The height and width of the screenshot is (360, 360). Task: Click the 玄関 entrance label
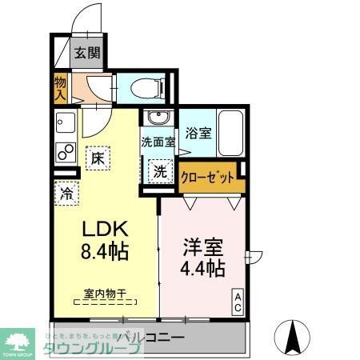(88, 54)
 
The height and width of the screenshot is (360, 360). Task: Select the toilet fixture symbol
(151, 86)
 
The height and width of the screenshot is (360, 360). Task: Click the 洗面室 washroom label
(157, 142)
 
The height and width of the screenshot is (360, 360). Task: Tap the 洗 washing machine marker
(161, 170)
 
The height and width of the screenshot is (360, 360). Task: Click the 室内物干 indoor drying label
(105, 294)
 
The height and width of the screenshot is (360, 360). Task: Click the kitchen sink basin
(63, 123)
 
